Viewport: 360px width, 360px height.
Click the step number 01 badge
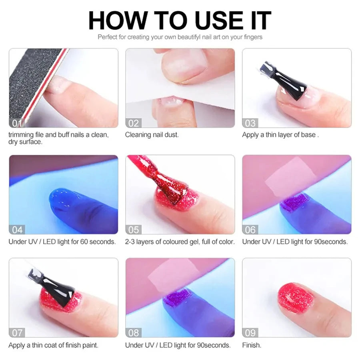coord(16,122)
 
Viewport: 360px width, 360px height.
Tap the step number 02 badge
coord(133,122)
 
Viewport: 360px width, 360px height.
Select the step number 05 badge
coord(133,229)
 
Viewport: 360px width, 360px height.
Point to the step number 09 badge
coord(250,332)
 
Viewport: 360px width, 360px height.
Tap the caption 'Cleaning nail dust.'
coord(152,135)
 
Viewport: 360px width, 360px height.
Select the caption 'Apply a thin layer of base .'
coord(280,135)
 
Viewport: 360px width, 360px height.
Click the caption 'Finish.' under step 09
coord(252,345)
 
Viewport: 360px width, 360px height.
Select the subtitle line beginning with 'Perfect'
coord(180,37)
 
